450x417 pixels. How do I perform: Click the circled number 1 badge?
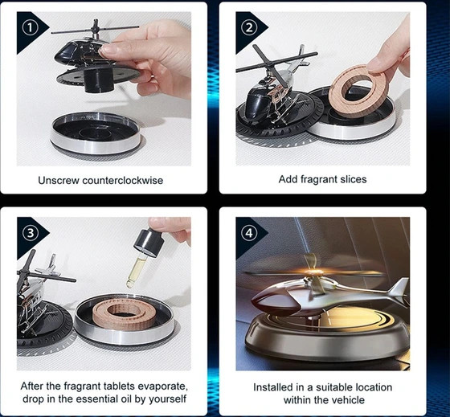pyautogui.click(x=30, y=28)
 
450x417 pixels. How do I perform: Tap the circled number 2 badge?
pyautogui.click(x=248, y=27)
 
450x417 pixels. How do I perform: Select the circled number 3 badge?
pyautogui.click(x=30, y=233)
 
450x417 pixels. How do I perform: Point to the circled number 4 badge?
pyautogui.click(x=248, y=233)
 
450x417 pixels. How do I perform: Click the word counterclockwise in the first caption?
pyautogui.click(x=122, y=181)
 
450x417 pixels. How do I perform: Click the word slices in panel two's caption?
pyautogui.click(x=354, y=179)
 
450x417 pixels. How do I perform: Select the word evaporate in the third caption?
pyautogui.click(x=162, y=386)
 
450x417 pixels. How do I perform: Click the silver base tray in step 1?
pyautogui.click(x=95, y=133)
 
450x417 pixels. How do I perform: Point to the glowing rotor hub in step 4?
pyautogui.click(x=312, y=272)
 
